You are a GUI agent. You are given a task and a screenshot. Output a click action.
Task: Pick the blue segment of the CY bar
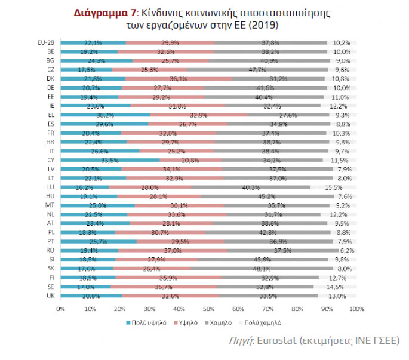tap(99, 160)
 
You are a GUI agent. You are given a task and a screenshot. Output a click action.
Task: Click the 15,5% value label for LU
tap(342, 187)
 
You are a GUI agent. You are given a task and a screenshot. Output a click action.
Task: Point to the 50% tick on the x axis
tap(208, 309)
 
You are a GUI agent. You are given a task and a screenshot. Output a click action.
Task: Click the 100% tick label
tap(356, 309)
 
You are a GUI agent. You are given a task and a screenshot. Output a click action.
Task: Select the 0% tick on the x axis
tap(60, 309)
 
